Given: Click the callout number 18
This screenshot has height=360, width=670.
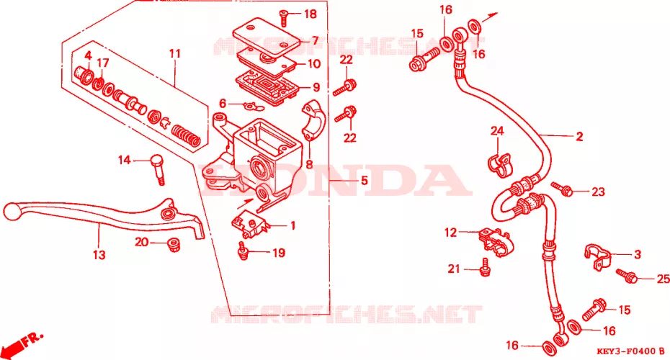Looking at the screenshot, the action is pyautogui.click(x=311, y=14).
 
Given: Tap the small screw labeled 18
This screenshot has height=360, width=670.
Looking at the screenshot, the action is pyautogui.click(x=284, y=17).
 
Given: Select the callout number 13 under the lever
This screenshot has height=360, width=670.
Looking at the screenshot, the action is pyautogui.click(x=99, y=255).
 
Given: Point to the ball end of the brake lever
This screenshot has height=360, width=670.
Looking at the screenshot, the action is pyautogui.click(x=12, y=212).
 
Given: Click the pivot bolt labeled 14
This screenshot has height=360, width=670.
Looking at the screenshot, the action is pyautogui.click(x=157, y=168).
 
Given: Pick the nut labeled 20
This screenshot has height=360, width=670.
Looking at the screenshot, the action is pyautogui.click(x=174, y=245).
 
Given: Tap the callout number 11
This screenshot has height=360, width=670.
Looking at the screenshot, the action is pyautogui.click(x=175, y=54).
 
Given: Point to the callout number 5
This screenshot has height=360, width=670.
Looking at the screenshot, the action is pyautogui.click(x=364, y=180).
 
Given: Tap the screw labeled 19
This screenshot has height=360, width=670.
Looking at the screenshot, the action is pyautogui.click(x=243, y=251).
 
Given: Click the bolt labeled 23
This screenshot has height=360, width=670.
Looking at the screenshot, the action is pyautogui.click(x=562, y=189).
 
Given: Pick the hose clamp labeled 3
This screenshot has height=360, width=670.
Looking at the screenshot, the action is pyautogui.click(x=598, y=256).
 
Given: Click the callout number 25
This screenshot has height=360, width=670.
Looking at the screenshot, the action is pyautogui.click(x=664, y=279).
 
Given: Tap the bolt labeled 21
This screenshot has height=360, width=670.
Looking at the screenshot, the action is pyautogui.click(x=485, y=267).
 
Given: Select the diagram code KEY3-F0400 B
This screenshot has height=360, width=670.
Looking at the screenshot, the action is pyautogui.click(x=631, y=352).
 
